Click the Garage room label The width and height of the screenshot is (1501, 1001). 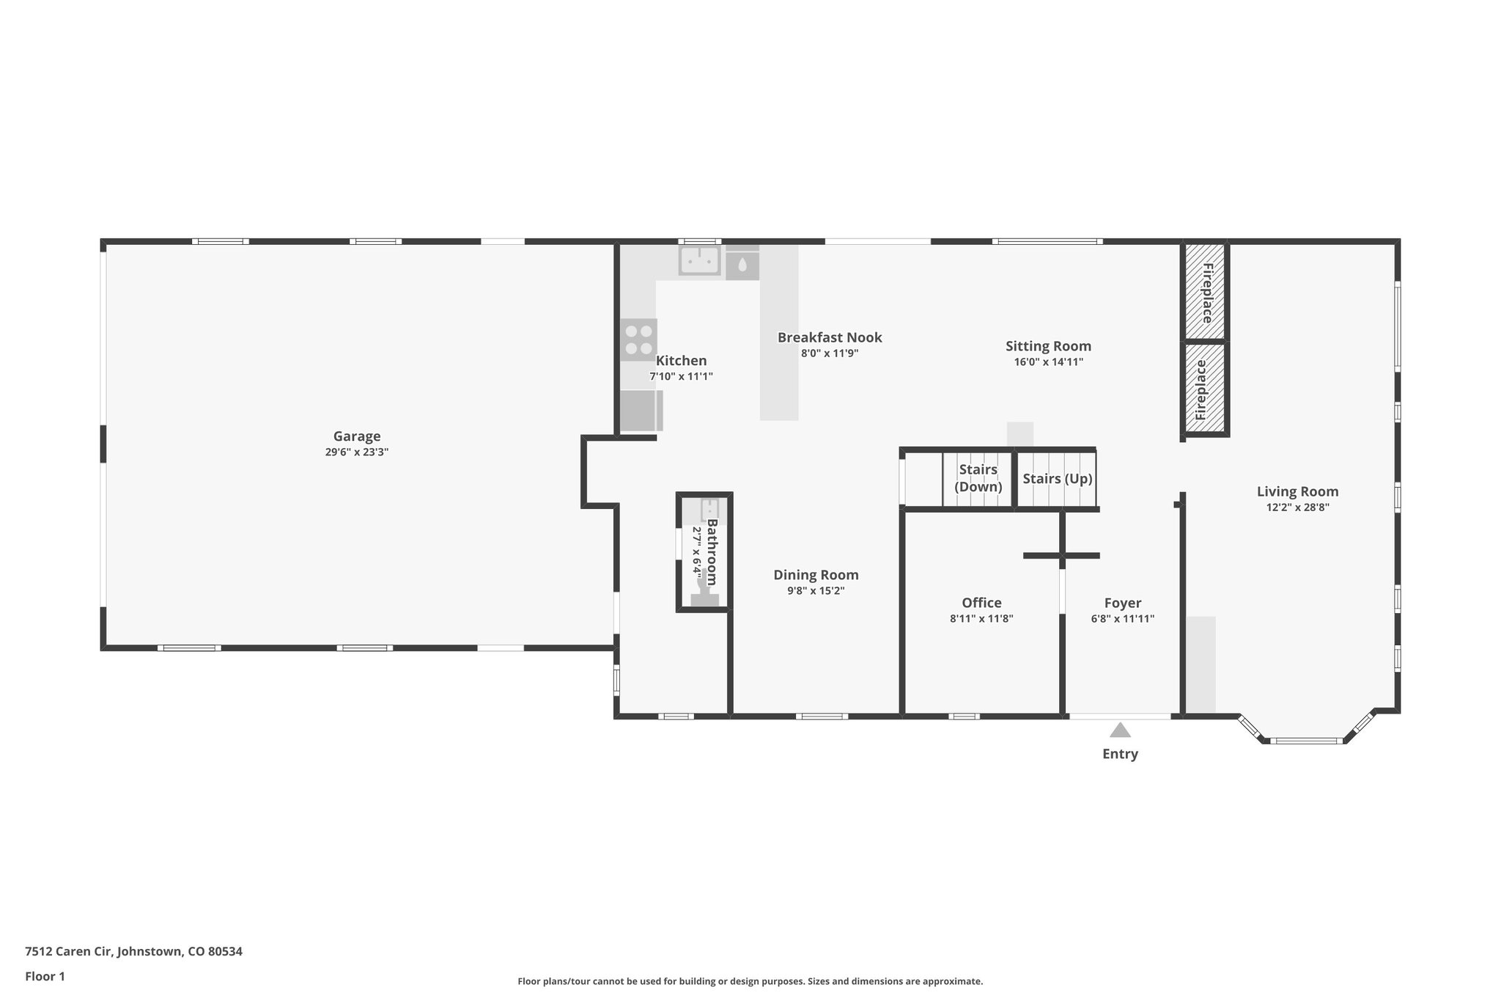click(x=357, y=436)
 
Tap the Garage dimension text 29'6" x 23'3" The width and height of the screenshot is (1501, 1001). click(x=357, y=452)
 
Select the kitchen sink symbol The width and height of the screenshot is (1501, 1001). click(x=698, y=260)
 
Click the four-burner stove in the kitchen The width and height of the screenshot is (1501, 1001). click(x=638, y=340)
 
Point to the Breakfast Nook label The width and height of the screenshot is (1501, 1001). click(x=830, y=337)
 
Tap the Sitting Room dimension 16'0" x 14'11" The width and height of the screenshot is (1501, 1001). click(x=1048, y=362)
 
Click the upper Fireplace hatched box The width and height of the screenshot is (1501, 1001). click(x=1206, y=292)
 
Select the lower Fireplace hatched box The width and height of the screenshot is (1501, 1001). click(x=1206, y=388)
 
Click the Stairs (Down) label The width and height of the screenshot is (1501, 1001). click(x=978, y=478)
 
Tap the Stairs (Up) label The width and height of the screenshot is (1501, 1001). click(x=1057, y=479)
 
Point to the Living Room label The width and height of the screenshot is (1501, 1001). click(x=1297, y=491)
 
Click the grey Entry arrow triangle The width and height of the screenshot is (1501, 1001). click(x=1120, y=730)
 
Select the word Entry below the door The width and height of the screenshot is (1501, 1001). click(x=1120, y=754)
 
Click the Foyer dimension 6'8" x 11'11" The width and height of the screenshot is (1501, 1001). click(x=1122, y=619)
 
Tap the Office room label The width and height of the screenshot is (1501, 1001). click(x=981, y=603)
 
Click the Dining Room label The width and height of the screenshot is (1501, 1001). click(x=816, y=575)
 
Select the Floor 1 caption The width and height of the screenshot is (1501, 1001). click(x=45, y=976)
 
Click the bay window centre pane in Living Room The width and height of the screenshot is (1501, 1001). click(x=1305, y=741)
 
